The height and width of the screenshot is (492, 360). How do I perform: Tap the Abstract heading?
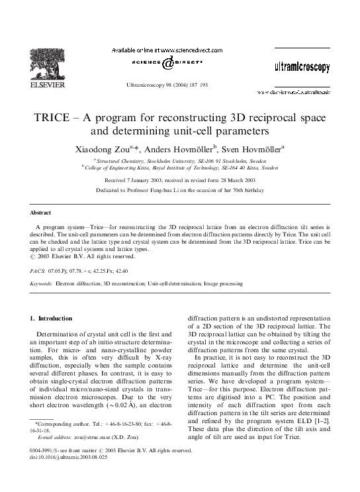pyautogui.click(x=40, y=213)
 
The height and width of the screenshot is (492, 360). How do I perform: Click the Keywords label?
pyautogui.click(x=41, y=283)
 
